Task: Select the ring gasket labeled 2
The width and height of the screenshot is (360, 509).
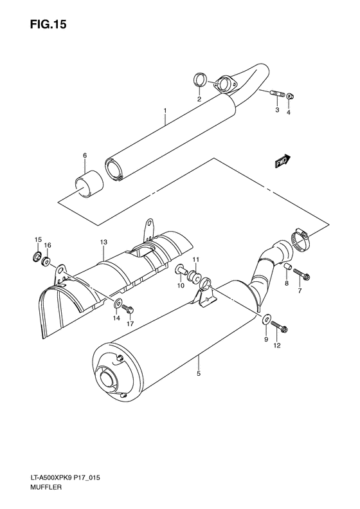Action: [x=200, y=80]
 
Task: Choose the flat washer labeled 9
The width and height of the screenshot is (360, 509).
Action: [x=266, y=317]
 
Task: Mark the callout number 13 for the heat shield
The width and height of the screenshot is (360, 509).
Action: [x=102, y=241]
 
